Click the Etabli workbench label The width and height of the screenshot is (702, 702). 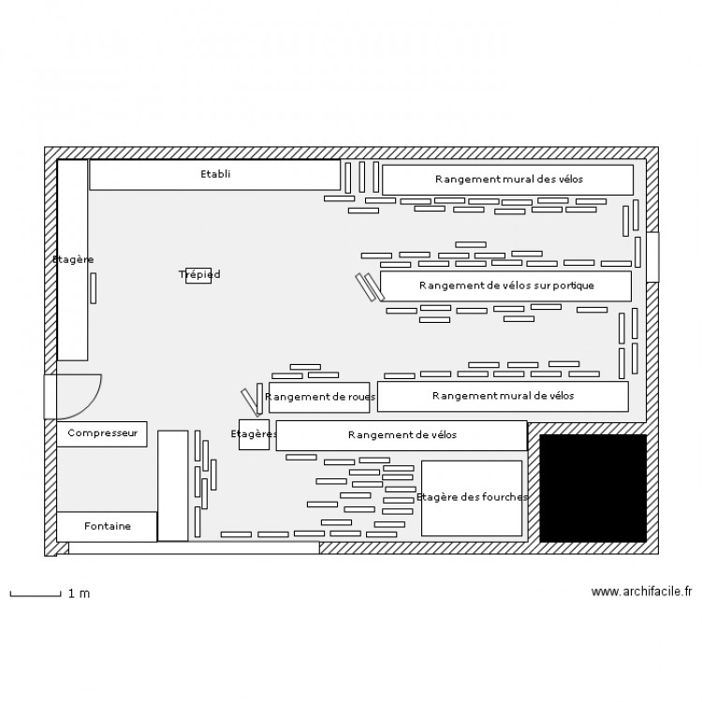pos(215,174)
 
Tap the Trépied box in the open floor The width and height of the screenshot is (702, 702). pos(198,275)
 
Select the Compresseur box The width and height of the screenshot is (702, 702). pos(102,433)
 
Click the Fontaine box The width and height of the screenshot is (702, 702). pos(107,526)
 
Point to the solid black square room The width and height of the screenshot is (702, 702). pos(592,488)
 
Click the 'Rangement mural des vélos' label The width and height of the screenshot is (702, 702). pos(508,179)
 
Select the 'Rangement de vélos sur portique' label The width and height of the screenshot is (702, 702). pos(506,285)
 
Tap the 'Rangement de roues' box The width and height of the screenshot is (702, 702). pos(319,397)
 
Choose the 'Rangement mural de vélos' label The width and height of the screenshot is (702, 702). pos(503,396)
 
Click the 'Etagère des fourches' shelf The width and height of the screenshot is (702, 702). pos(472,498)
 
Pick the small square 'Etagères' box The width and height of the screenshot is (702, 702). pos(254,434)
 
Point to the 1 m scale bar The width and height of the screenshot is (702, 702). pos(36,594)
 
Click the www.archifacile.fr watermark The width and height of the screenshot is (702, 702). pos(641,592)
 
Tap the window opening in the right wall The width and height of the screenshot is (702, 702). pos(652,256)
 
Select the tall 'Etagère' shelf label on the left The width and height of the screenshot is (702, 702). pos(72,259)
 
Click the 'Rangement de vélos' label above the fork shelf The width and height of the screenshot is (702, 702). pos(402,434)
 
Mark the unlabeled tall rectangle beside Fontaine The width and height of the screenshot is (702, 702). pos(173,486)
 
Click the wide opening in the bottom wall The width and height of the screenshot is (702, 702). pos(194,548)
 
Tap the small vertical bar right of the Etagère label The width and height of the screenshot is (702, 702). pos(93,288)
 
